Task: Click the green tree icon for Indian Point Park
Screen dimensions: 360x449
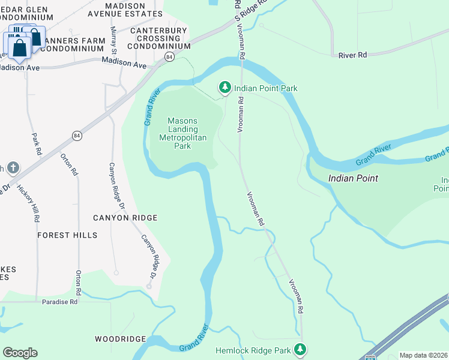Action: (x=225, y=88)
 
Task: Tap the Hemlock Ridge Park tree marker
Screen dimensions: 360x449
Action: (x=300, y=350)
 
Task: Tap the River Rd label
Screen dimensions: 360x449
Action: (x=352, y=55)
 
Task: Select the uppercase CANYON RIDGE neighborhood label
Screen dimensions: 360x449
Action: (x=125, y=218)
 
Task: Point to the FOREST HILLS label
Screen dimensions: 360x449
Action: (x=67, y=235)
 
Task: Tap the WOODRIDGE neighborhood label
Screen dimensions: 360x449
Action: (x=121, y=339)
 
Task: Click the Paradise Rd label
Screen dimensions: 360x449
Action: (x=61, y=302)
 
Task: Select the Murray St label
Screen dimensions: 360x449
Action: (x=113, y=38)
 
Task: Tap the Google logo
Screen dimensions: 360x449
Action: (x=20, y=353)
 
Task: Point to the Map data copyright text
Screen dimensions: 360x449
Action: (x=423, y=355)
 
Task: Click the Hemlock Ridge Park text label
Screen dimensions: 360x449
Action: (x=253, y=350)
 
